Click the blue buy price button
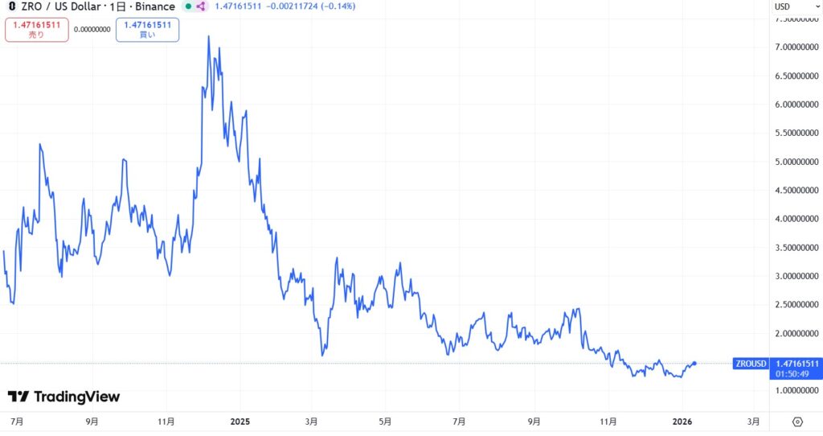[147, 29]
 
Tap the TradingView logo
[63, 397]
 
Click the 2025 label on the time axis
[240, 421]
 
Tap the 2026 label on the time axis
[682, 421]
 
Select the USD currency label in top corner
[782, 6]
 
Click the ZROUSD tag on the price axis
[751, 364]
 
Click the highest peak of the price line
[209, 36]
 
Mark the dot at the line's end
[694, 364]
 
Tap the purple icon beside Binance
[201, 6]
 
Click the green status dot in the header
[187, 6]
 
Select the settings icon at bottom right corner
[797, 422]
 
